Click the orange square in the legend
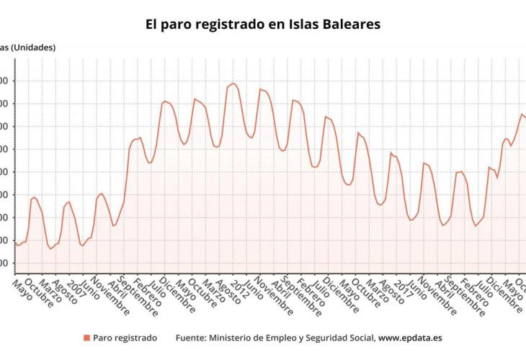click(86, 337)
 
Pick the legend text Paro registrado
click(125, 337)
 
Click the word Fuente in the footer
click(192, 337)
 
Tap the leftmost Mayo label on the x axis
click(22, 290)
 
